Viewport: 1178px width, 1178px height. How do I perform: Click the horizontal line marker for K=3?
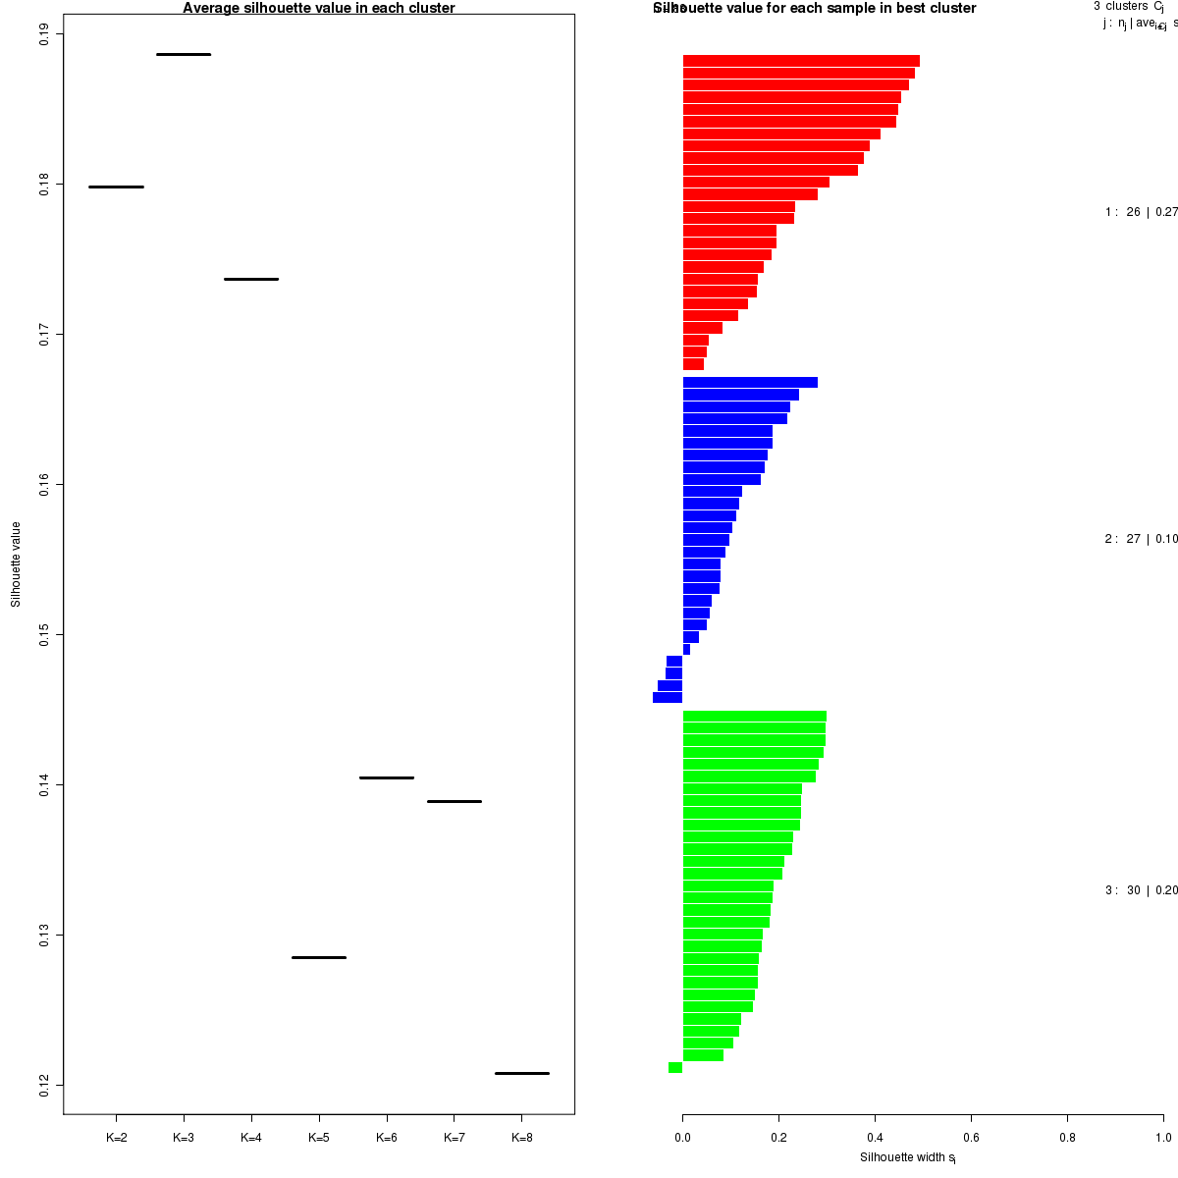click(184, 54)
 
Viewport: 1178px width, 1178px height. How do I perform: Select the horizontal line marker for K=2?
click(116, 187)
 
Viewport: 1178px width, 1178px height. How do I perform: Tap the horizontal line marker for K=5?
click(319, 957)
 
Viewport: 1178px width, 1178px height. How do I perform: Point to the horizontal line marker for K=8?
click(521, 1073)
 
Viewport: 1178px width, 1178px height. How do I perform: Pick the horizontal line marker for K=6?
click(387, 777)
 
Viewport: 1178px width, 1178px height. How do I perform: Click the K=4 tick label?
click(251, 1138)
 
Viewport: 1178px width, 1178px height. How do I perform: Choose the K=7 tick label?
click(454, 1138)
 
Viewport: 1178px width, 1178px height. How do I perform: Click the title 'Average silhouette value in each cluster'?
click(319, 9)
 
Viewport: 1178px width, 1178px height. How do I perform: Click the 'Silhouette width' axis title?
click(908, 1157)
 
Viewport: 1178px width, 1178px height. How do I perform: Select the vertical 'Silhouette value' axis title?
click(16, 564)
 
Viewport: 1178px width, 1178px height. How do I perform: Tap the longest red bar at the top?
click(801, 61)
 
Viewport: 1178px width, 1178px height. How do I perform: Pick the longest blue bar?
click(750, 383)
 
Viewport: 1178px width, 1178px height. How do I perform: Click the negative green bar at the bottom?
click(675, 1068)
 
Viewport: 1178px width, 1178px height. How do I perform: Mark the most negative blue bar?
click(668, 698)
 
